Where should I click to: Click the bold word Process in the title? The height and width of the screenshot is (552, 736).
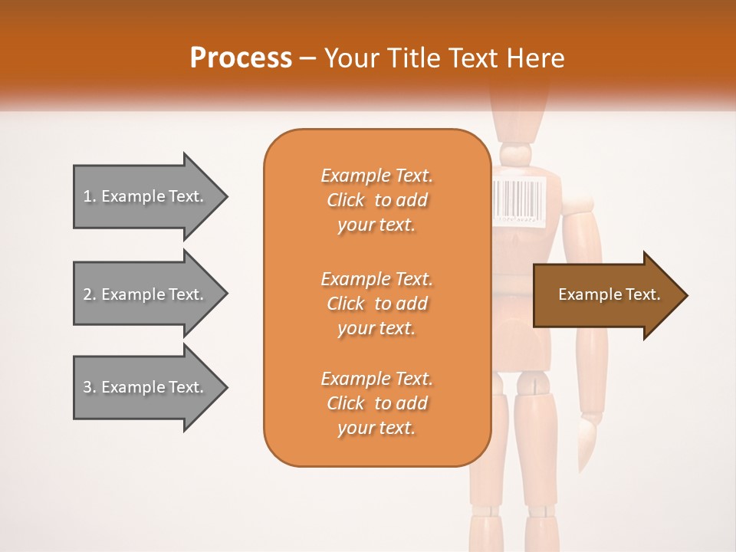pos(241,58)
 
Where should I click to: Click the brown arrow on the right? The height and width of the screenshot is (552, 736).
pos(606,295)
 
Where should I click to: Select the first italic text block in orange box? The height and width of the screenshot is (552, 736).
pos(376,200)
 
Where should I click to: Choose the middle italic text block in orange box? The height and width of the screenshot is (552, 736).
pos(376,304)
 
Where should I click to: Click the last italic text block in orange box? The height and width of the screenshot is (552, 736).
pos(376,403)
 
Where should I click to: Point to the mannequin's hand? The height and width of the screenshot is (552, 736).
pos(586,441)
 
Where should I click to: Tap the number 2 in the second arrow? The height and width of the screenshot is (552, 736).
pos(87,294)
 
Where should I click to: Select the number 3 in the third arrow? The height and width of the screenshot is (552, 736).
pos(87,387)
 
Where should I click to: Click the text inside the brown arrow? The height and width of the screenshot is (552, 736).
pos(609,294)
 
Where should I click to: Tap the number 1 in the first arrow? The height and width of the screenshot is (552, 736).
pos(87,196)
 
